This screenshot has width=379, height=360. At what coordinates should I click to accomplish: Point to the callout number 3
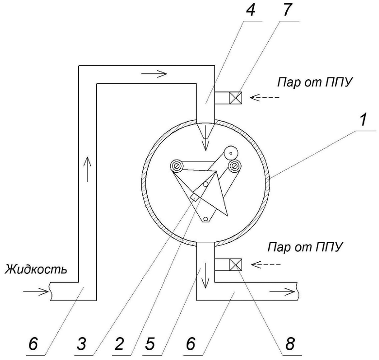click(82, 343)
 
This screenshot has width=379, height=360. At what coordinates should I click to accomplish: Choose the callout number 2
click(119, 343)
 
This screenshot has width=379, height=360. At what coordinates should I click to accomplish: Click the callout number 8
click(290, 343)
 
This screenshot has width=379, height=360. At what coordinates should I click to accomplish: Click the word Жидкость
click(36, 269)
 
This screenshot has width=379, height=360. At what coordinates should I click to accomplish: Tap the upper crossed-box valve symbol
click(236, 98)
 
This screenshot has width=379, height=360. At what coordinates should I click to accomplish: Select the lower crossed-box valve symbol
click(236, 265)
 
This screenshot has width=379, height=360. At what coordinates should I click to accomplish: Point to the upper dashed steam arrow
click(264, 97)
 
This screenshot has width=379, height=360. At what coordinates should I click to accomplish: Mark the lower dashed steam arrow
click(266, 265)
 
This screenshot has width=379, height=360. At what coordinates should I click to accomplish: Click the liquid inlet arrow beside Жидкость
click(36, 292)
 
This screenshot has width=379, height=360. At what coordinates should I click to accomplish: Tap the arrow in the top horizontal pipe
click(154, 73)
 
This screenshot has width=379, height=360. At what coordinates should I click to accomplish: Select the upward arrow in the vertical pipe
click(87, 169)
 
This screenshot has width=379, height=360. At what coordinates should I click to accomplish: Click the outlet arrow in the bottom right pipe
click(282, 292)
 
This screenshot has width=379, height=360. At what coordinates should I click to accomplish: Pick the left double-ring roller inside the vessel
click(177, 166)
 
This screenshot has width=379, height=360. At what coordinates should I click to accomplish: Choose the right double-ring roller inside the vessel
click(234, 166)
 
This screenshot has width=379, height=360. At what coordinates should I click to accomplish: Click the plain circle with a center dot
click(231, 153)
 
